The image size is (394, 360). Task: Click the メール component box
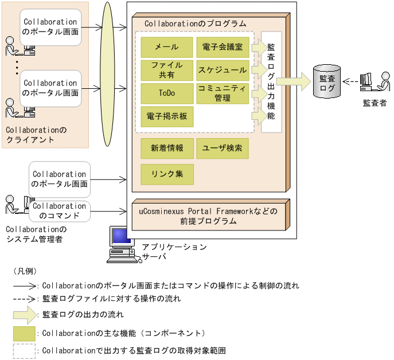[x=167, y=48]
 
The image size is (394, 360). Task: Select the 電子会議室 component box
[x=223, y=48]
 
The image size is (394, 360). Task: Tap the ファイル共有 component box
[x=167, y=70]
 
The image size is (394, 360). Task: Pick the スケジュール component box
[x=223, y=70]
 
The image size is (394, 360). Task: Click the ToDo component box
[x=167, y=93]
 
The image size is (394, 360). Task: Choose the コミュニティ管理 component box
[x=223, y=93]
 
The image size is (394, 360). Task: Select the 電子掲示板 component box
[x=167, y=116]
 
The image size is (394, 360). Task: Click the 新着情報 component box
[x=167, y=148]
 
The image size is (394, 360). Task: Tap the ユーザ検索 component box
[x=223, y=148]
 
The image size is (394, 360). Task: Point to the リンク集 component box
[x=167, y=174]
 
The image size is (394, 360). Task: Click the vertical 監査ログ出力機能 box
[x=271, y=82]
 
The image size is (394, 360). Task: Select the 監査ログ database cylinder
[x=327, y=82]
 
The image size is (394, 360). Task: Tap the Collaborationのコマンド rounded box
[x=59, y=210]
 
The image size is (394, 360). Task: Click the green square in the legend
[x=24, y=332]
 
